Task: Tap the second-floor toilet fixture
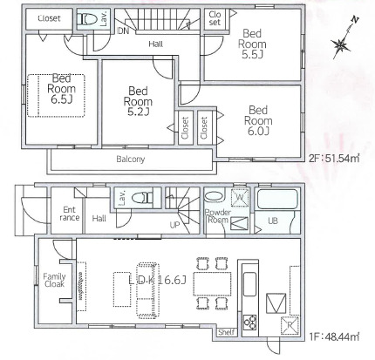87,19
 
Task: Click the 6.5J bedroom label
61,89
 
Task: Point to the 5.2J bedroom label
138,101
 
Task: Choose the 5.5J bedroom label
252,44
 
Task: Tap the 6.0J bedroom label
258,120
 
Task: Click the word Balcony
130,160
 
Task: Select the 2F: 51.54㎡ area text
334,159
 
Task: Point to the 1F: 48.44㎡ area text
334,337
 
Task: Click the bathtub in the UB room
277,200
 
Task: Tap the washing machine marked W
240,198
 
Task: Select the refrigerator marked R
290,325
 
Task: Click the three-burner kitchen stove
249,323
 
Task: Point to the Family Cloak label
54,281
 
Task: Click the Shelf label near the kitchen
226,332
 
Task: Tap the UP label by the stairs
174,225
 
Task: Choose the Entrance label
69,214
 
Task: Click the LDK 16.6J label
157,280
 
